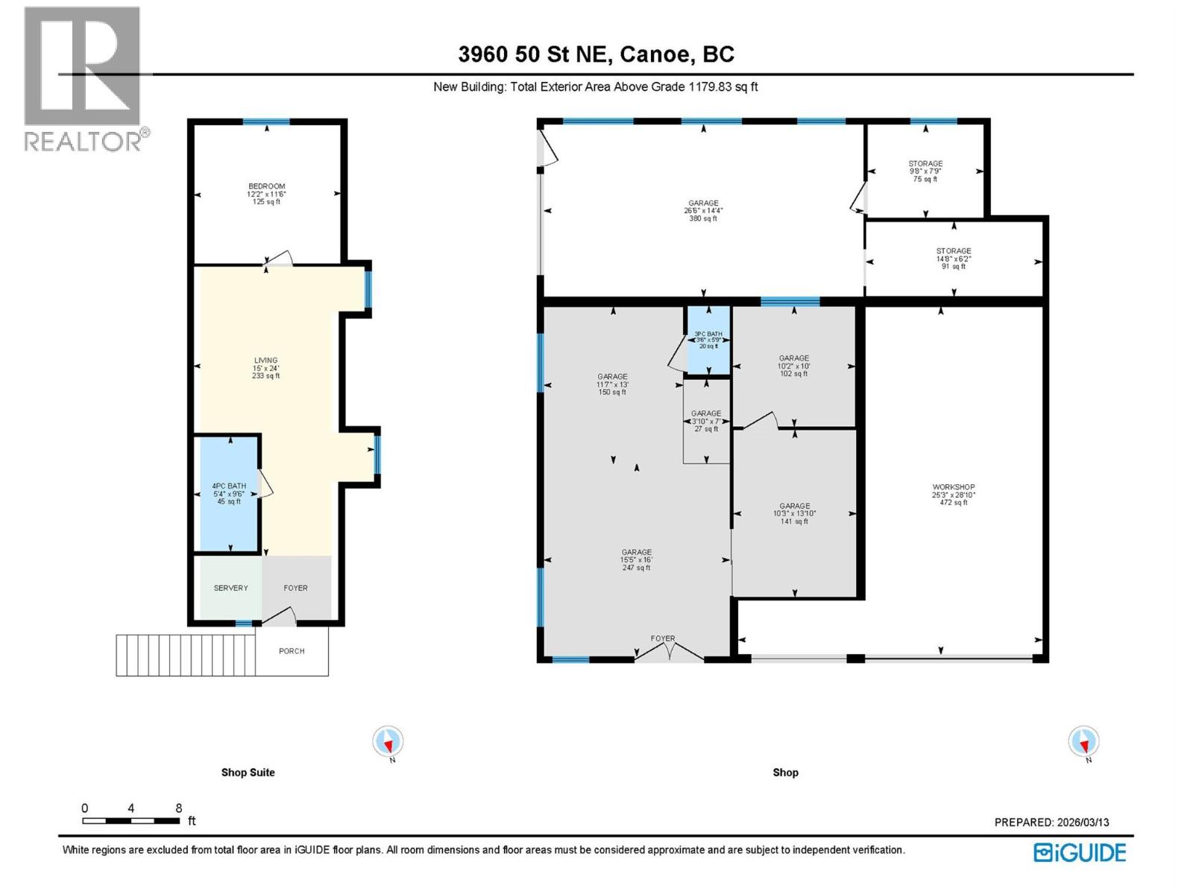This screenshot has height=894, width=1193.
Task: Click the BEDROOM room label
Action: coord(266,194)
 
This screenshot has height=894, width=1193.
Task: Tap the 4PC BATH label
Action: coord(229,493)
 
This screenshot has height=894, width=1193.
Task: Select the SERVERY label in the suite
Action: coord(230,588)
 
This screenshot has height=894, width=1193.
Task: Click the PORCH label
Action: coord(292,651)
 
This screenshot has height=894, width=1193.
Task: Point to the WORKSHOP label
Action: coord(953,495)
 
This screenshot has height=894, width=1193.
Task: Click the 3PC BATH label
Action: coord(708,340)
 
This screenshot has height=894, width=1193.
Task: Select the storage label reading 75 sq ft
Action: coord(925,171)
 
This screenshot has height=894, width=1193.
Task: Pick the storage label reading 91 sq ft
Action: coord(953,259)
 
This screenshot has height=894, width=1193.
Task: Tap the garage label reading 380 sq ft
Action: coord(703,210)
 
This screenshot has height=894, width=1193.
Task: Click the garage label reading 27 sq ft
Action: coord(705,421)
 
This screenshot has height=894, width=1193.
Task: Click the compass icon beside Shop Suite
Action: coord(388,742)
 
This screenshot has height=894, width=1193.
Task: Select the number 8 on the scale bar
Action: coord(179,808)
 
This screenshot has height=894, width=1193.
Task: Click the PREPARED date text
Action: coord(1051,822)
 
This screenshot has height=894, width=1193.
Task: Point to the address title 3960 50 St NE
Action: coord(596,54)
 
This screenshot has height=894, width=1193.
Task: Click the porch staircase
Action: coord(185,655)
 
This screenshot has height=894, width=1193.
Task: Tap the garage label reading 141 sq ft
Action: coord(794,513)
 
